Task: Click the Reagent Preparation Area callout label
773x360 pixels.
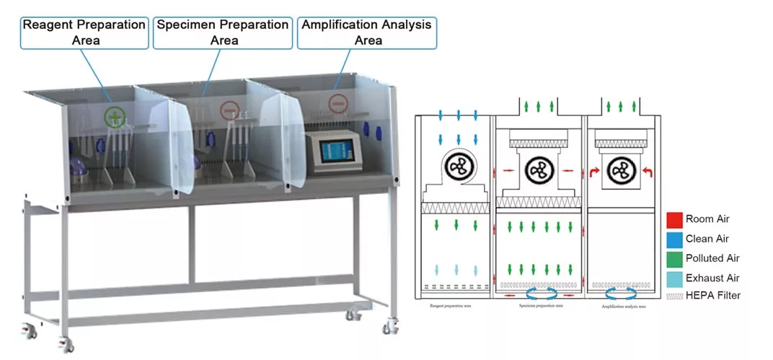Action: coord(84,32)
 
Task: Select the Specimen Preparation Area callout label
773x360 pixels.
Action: coord(224,32)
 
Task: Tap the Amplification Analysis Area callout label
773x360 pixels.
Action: coord(367,32)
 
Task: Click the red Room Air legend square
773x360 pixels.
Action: coord(675,219)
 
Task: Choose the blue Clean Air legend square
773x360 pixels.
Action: coord(675,238)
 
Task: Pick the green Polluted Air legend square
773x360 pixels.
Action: coord(675,258)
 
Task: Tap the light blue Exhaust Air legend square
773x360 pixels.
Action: coord(675,277)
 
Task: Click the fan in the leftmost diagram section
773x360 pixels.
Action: coord(456,167)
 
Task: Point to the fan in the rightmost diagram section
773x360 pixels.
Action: coord(620,171)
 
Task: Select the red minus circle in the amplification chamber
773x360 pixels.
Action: coord(338,102)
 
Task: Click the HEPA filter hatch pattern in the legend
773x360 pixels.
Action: coord(675,296)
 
